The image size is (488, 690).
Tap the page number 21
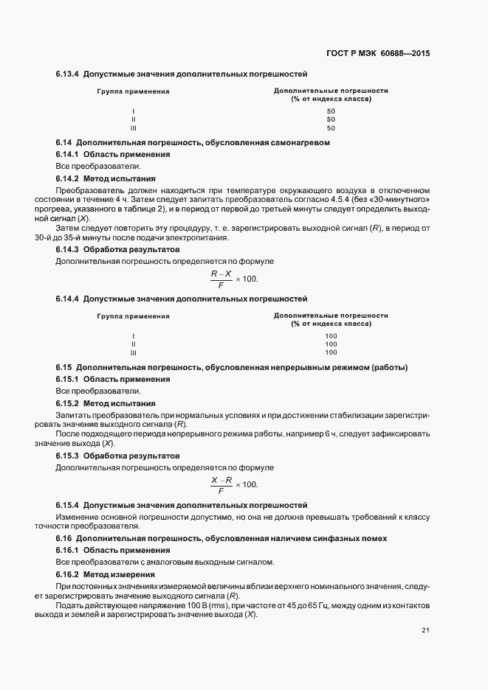(x=425, y=629)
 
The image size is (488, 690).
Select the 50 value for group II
(x=331, y=119)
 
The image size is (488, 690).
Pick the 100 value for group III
(x=331, y=352)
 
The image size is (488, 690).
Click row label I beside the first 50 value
(x=133, y=111)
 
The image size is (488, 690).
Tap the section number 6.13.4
(x=67, y=74)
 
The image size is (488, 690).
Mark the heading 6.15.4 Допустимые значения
(x=182, y=506)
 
